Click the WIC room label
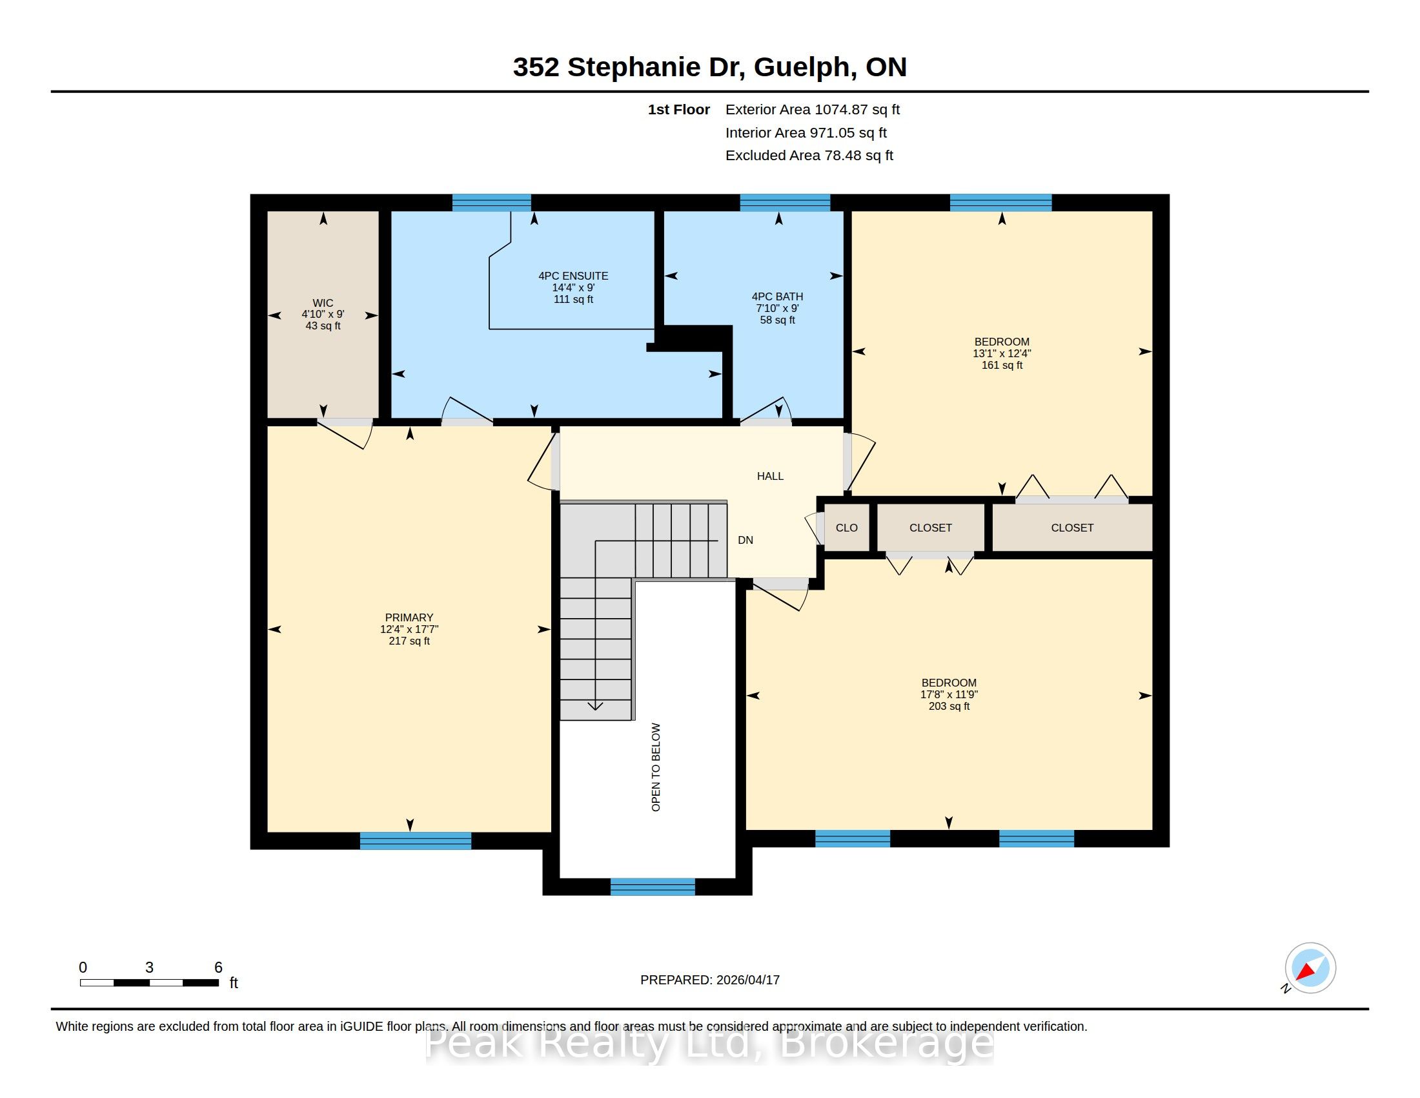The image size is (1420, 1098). point(323,303)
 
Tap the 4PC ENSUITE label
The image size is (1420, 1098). point(573,276)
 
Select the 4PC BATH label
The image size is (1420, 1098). point(777,296)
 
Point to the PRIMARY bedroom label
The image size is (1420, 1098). point(409,617)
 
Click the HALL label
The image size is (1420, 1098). point(770,476)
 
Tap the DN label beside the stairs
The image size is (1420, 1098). point(745,540)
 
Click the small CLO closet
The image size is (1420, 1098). point(847,528)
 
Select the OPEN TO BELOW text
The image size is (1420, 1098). point(655,767)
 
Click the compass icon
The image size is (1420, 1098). point(1310,968)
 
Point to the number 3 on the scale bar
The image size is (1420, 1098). point(150,968)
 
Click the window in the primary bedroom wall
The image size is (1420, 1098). point(416,840)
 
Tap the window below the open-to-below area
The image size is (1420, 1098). point(652,887)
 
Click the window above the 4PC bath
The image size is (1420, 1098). point(785,202)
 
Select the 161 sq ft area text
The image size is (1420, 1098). point(1002,366)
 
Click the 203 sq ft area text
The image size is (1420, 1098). point(949,707)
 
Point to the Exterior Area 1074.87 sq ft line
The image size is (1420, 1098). point(812,109)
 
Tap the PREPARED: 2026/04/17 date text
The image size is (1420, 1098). point(710,980)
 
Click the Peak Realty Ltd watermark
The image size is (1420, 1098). point(709,1043)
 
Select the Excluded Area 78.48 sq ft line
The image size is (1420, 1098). point(809,156)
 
